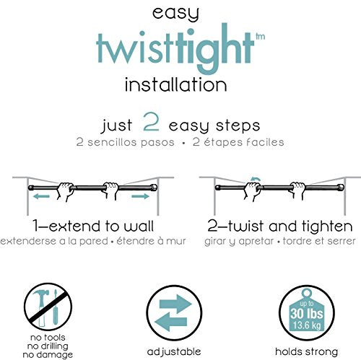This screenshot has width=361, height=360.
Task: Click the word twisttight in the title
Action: coord(175,48)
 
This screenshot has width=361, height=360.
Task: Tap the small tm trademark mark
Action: coord(260,37)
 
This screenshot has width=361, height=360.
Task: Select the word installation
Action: coord(176,84)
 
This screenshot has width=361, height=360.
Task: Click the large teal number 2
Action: coord(151,121)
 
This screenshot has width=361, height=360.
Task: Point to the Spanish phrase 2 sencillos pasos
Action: coord(125,142)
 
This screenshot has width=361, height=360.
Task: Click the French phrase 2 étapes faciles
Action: coord(238,142)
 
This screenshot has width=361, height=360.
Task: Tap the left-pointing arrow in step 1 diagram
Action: coord(41,196)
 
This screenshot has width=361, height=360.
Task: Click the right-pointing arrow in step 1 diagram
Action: coord(141,196)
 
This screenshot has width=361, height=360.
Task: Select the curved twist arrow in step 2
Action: coord(256,179)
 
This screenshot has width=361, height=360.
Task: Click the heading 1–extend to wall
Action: coord(93,226)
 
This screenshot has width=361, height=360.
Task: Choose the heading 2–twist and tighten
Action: coord(280,226)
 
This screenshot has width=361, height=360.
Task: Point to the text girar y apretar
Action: coord(239,241)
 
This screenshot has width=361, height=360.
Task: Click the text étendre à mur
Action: coord(151,241)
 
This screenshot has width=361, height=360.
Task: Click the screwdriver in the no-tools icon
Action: coord(55,308)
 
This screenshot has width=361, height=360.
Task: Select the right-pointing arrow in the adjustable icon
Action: coord(175,304)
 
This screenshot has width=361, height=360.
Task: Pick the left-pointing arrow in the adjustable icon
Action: coord(171,322)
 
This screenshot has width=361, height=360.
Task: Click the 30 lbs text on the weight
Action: coord(307,314)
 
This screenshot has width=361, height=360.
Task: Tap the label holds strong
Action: coord(307,351)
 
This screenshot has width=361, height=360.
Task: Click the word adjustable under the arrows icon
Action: coord(174,352)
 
